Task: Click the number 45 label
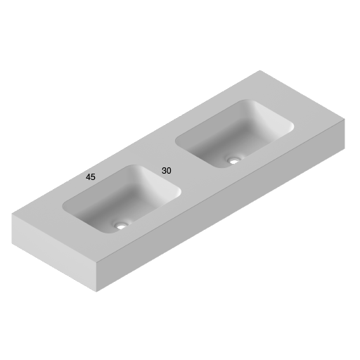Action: coord(91,177)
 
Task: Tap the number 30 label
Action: coord(167,171)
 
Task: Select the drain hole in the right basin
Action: coord(233,160)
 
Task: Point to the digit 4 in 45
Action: coord(88,177)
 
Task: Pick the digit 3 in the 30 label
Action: coord(164,171)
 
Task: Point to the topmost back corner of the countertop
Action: coord(261,70)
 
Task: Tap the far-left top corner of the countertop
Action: coord(12,214)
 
